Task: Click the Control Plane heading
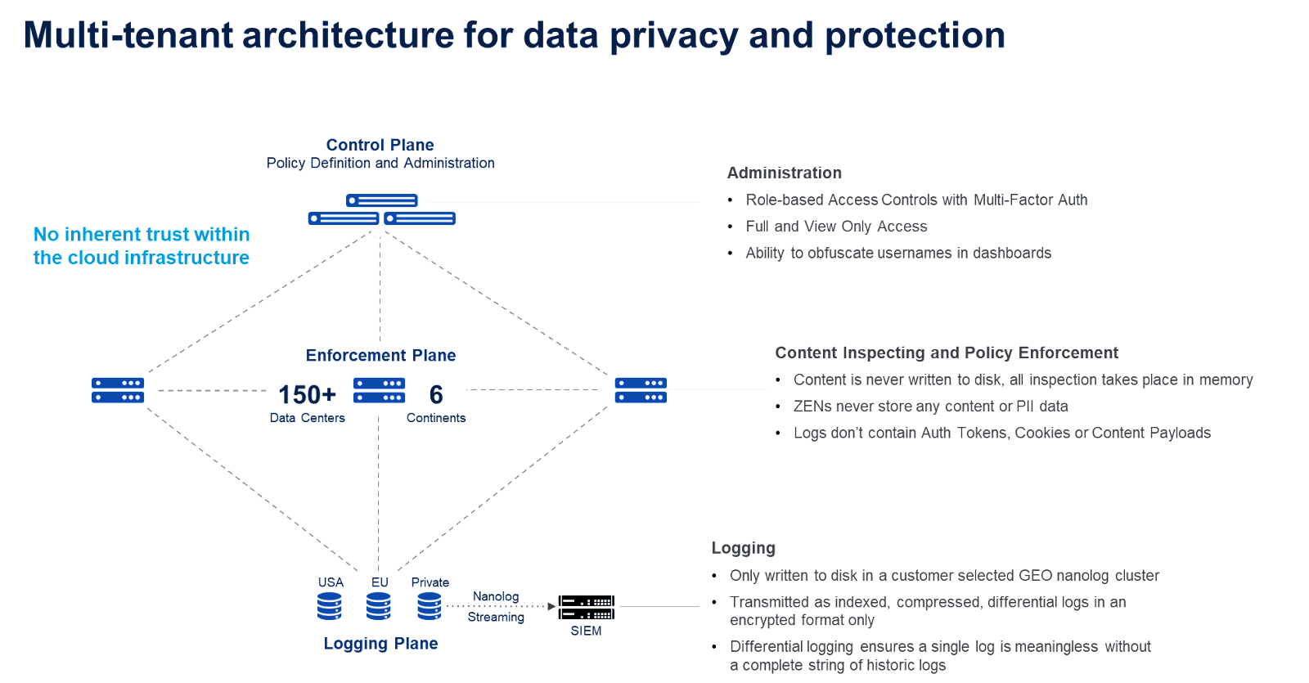pyautogui.click(x=380, y=145)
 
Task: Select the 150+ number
pyautogui.click(x=308, y=395)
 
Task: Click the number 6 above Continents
pyautogui.click(x=436, y=395)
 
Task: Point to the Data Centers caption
pyautogui.click(x=308, y=418)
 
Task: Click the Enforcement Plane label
pyautogui.click(x=380, y=355)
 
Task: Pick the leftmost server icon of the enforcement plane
pyautogui.click(x=118, y=390)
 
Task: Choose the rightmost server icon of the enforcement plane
pyautogui.click(x=641, y=390)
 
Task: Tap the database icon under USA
pyautogui.click(x=329, y=607)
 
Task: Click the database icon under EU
pyautogui.click(x=378, y=607)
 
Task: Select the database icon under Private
pyautogui.click(x=429, y=607)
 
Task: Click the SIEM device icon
pyautogui.click(x=586, y=608)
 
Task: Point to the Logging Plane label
pyautogui.click(x=380, y=644)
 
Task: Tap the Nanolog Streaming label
pyautogui.click(x=496, y=607)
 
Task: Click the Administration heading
pyautogui.click(x=784, y=173)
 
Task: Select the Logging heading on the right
pyautogui.click(x=744, y=548)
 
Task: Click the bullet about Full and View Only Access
pyautogui.click(x=836, y=227)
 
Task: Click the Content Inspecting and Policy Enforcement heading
pyautogui.click(x=946, y=353)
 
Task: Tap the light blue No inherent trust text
pyautogui.click(x=142, y=246)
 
